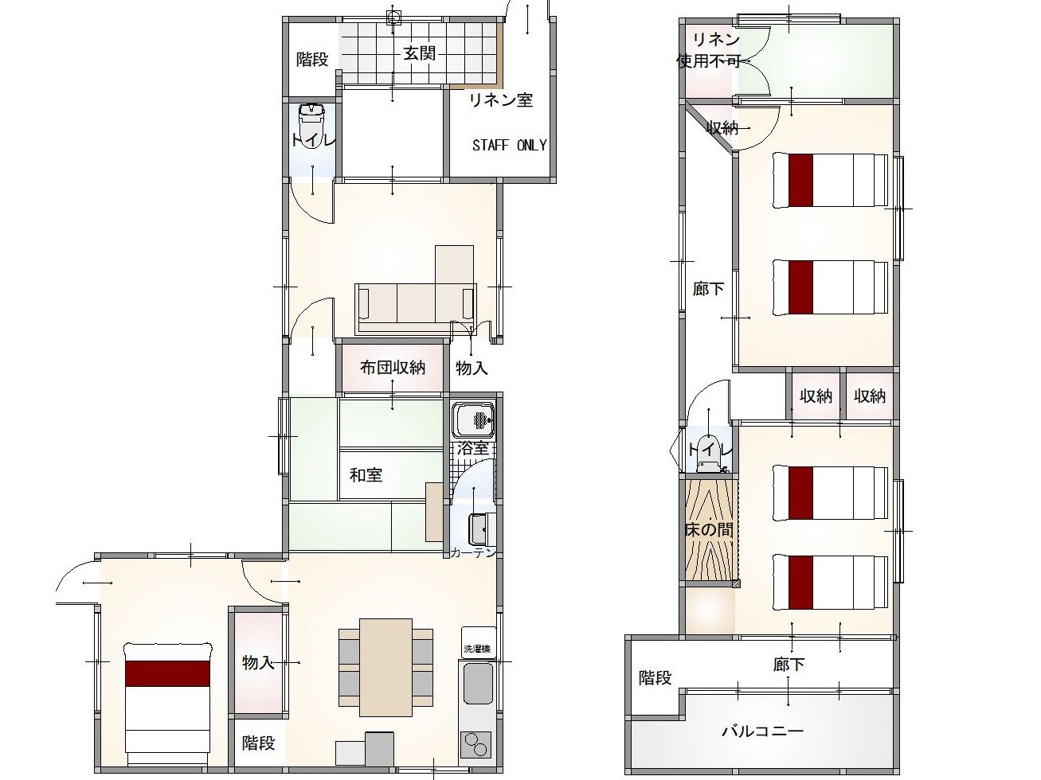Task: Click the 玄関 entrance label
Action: (x=419, y=53)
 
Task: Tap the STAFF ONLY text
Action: (x=510, y=145)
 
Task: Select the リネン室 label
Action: (x=501, y=100)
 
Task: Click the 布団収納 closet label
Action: (x=392, y=368)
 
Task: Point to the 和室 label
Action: (x=366, y=475)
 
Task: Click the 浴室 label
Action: (x=473, y=448)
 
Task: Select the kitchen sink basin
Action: (x=478, y=683)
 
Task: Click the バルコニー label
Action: (x=763, y=731)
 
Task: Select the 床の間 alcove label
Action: (x=709, y=529)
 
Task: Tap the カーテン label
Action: (x=473, y=552)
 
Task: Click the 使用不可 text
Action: (x=709, y=61)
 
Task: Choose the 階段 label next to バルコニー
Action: (x=655, y=678)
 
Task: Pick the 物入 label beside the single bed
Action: (x=259, y=662)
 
